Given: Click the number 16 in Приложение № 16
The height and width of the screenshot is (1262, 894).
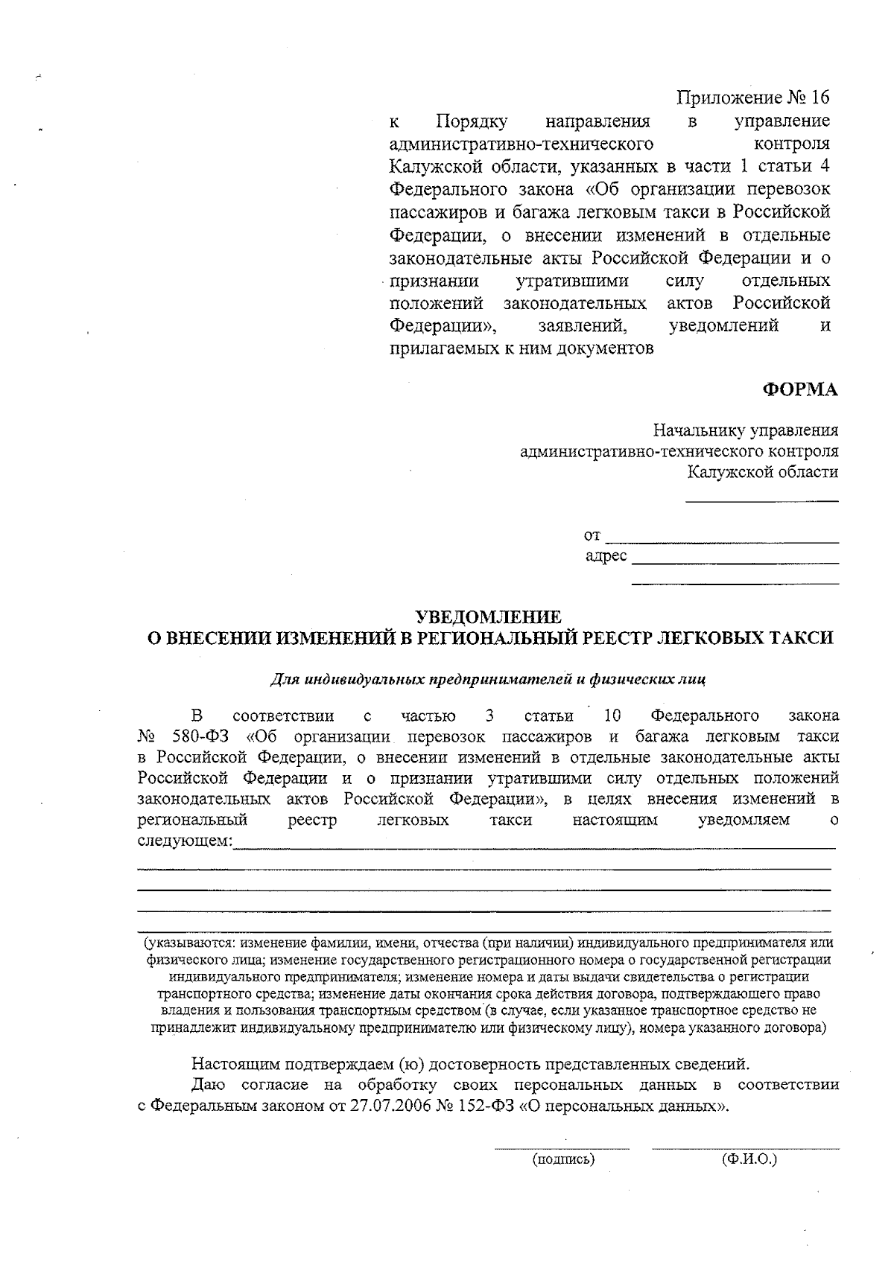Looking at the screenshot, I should (x=818, y=98).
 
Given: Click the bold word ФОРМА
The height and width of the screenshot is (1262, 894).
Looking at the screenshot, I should (x=799, y=389).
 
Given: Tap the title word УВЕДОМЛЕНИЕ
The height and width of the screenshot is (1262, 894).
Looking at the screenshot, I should (x=488, y=617).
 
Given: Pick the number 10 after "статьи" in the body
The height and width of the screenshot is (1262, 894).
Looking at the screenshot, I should (x=612, y=716).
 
